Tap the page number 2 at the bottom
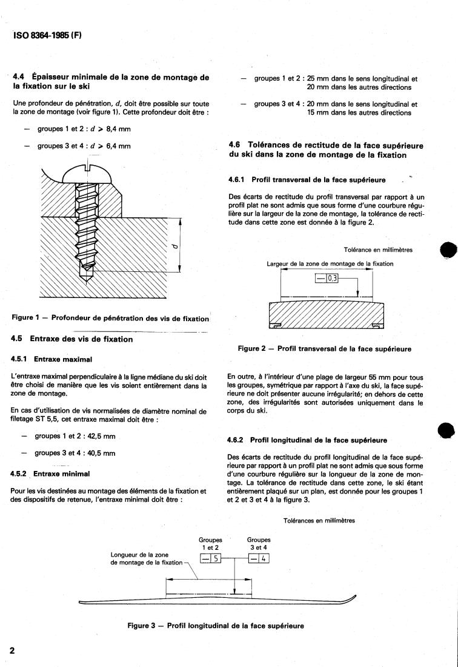click(12, 651)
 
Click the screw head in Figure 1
click(88, 172)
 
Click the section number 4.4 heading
click(19, 77)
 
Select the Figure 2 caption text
click(325, 349)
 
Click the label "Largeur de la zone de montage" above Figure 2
click(330, 263)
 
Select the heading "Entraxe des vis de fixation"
click(81, 339)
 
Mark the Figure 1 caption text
click(111, 318)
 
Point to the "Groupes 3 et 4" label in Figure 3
click(259, 543)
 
